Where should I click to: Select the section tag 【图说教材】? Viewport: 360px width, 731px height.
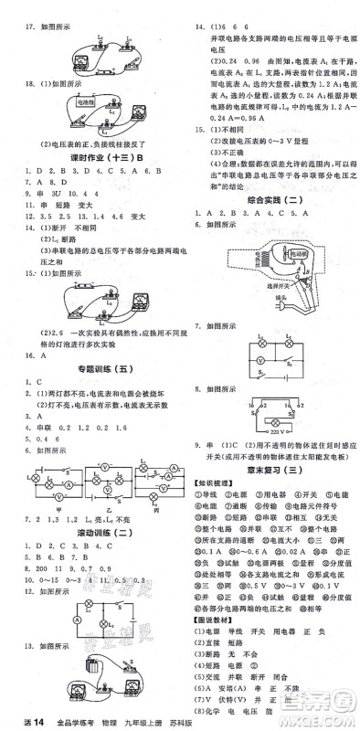coord(211,632)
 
